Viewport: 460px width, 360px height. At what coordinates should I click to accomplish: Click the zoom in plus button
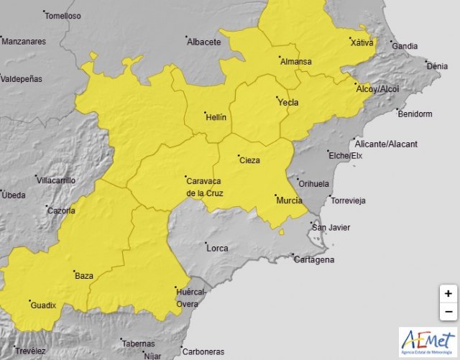click(448, 293)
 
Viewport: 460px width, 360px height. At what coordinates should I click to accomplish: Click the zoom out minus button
click(448, 311)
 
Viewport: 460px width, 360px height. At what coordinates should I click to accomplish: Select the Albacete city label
click(203, 42)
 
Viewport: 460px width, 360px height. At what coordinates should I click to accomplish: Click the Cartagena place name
click(314, 259)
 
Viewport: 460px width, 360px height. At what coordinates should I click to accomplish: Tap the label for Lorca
click(216, 249)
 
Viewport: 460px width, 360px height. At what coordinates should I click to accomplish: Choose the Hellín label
click(216, 116)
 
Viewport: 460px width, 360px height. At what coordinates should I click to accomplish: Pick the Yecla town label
click(287, 102)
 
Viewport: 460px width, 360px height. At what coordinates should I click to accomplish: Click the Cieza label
click(249, 160)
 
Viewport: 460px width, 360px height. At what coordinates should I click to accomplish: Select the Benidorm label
click(415, 114)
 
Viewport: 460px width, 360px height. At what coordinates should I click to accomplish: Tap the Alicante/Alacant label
click(386, 144)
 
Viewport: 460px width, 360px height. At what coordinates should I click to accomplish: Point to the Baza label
click(83, 275)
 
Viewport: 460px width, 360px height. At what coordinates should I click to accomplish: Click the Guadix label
click(43, 305)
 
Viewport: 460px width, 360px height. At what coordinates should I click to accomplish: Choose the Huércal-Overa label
click(190, 297)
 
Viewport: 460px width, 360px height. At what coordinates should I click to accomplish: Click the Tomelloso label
click(63, 16)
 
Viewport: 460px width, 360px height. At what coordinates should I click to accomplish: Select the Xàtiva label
click(362, 43)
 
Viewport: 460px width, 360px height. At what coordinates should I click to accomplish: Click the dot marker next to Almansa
click(279, 55)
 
